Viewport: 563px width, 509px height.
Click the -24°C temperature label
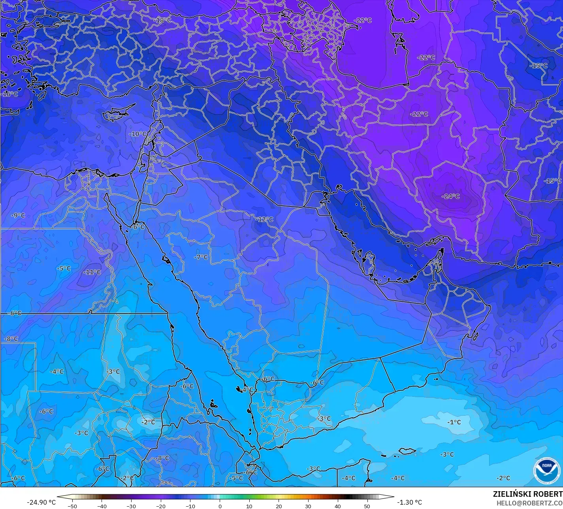450,196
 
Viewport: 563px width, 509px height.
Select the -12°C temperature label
264,219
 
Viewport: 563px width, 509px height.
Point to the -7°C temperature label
201,257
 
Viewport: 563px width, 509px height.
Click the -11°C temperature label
92,272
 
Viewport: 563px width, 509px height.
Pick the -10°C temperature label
137,134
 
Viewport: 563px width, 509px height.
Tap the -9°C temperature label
18,215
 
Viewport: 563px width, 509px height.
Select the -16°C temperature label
10,94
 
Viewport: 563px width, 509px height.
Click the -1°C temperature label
454,422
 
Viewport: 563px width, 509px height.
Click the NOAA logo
546,471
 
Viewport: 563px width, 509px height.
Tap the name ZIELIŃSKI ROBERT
527,494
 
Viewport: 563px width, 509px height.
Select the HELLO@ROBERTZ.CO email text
529,503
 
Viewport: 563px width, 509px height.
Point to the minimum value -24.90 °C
41,502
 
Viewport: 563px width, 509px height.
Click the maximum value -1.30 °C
409,502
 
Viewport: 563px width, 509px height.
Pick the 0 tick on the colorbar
220,506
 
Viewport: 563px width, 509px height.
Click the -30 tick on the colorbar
131,506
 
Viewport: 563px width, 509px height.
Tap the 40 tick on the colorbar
337,506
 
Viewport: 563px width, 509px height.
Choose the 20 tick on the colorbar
279,506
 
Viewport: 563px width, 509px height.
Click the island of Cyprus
115,114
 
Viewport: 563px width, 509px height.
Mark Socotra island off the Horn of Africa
407,451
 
